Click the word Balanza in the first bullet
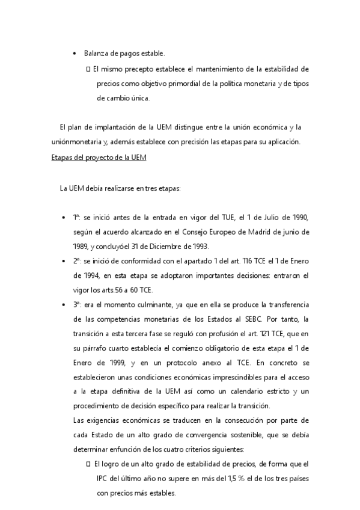(x=96, y=54)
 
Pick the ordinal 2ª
(x=78, y=261)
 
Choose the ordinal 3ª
(x=78, y=305)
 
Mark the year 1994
(x=83, y=276)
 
